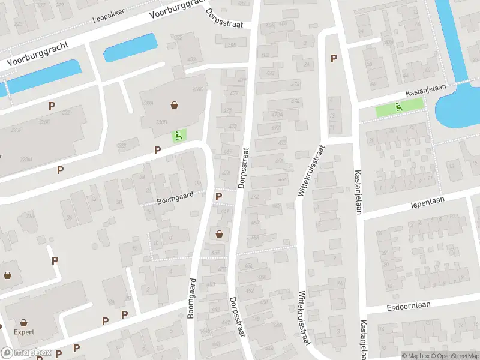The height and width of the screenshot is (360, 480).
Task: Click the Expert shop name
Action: pyautogui.click(x=24, y=332)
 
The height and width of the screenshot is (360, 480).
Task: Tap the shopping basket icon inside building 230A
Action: pyautogui.click(x=174, y=105)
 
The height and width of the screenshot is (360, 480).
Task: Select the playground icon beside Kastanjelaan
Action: pyautogui.click(x=398, y=107)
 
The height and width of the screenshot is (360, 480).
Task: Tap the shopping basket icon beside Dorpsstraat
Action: pyautogui.click(x=220, y=233)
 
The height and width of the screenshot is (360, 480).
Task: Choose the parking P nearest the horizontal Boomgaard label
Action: pyautogui.click(x=218, y=196)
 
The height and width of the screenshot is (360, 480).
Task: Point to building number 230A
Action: pyautogui.click(x=148, y=103)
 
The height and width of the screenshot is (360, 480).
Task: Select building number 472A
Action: pyautogui.click(x=277, y=115)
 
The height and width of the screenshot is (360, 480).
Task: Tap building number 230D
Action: pyautogui.click(x=197, y=89)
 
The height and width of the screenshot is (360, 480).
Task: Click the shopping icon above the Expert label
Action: pyautogui.click(x=24, y=322)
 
